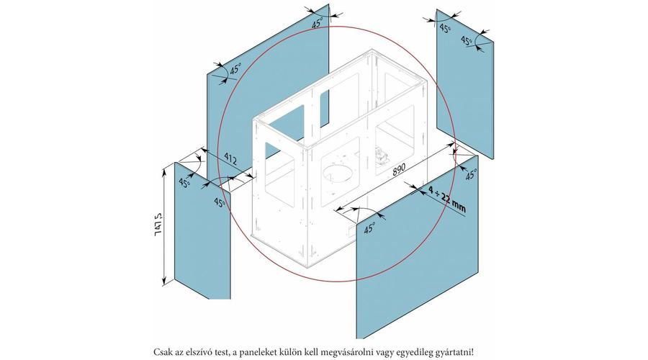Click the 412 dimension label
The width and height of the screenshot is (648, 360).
[x=231, y=158]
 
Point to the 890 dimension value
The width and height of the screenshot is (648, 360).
[x=399, y=169]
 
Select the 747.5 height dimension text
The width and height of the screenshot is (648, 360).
[x=158, y=225]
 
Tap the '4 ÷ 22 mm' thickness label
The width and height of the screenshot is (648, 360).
[x=446, y=199]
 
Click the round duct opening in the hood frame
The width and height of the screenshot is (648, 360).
[x=339, y=173]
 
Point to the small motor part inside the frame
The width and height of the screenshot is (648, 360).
[x=382, y=156]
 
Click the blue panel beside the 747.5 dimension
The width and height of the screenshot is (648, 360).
[x=202, y=230]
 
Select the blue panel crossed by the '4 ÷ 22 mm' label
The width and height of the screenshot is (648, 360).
[x=418, y=247]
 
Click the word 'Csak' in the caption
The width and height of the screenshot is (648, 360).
[x=161, y=352]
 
